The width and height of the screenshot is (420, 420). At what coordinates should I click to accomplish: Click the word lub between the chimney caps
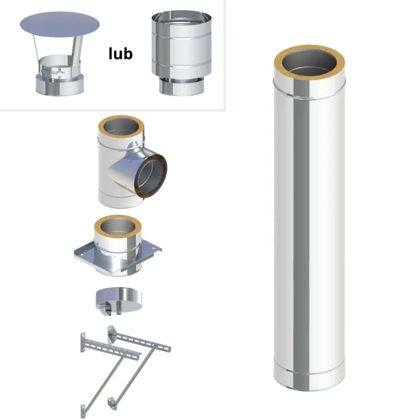pyautogui.click(x=120, y=54)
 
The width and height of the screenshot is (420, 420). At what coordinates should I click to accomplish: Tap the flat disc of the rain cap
pyautogui.click(x=60, y=25)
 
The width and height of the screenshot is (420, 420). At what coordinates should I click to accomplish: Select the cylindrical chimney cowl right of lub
pyautogui.click(x=181, y=53)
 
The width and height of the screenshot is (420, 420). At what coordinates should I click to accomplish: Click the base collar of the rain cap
pyautogui.click(x=60, y=85)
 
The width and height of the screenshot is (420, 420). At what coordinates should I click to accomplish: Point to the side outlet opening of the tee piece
pyautogui.click(x=151, y=176)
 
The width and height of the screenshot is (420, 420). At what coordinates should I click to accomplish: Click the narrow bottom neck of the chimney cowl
pyautogui.click(x=181, y=86)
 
